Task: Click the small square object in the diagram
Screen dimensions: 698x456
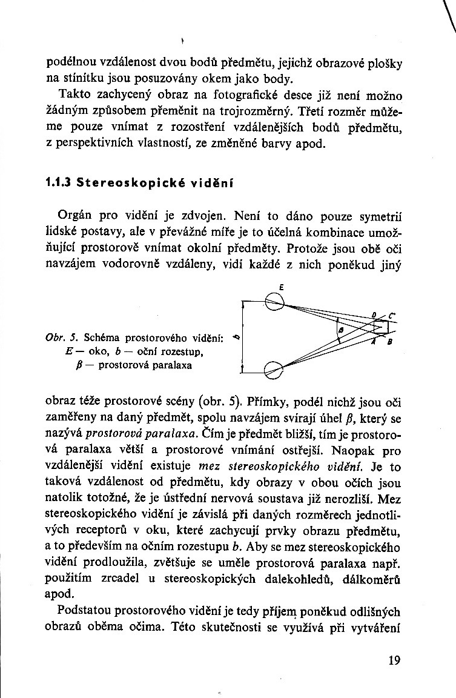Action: click(381, 327)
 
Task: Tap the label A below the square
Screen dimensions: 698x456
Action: click(373, 341)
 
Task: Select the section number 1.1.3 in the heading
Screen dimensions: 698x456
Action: click(58, 181)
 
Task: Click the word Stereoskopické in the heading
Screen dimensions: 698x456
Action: click(125, 181)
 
